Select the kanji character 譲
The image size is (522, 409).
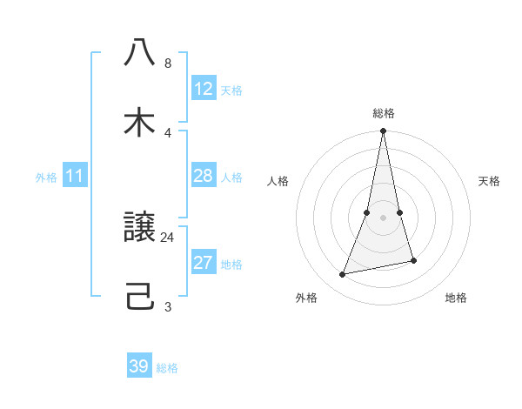139,228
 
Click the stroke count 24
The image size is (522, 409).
168,237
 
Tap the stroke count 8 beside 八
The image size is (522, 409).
168,64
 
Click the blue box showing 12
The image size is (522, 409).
204,89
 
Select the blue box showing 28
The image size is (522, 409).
204,176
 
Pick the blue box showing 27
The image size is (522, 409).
204,263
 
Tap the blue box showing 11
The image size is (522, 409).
75,176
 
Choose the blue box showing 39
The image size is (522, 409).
139,366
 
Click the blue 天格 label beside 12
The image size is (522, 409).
231,91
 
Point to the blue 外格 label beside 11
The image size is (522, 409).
46,178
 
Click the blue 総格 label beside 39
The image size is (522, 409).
167,368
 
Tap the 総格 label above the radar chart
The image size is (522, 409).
384,113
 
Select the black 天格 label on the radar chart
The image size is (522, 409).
489,181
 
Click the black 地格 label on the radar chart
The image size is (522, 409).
456,298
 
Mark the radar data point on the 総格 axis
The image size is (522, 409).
384,131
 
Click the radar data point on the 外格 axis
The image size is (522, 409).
343,275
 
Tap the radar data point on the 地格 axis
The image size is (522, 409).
413,260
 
